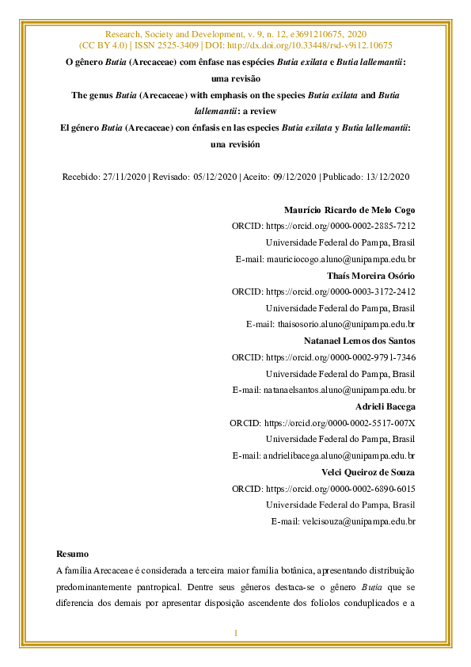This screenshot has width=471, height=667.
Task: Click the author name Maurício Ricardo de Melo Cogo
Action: (349, 210)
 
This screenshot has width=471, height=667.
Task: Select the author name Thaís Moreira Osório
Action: (371, 276)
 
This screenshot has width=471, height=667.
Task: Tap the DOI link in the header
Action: (313, 46)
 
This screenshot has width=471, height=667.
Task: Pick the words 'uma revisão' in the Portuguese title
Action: (236, 78)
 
